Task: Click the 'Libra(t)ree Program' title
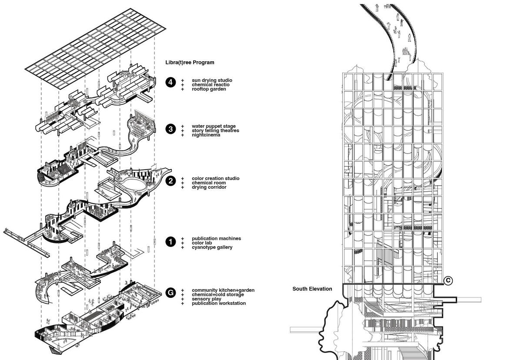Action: [190, 62]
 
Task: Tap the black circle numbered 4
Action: [171, 82]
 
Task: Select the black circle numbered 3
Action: [171, 129]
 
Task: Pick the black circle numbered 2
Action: [171, 181]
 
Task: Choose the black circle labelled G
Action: [171, 293]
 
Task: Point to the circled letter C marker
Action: [448, 281]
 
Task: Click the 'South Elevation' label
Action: [312, 289]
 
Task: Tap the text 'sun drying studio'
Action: [212, 80]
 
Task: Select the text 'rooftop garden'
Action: [209, 89]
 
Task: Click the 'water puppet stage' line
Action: [214, 127]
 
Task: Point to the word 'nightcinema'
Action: [206, 135]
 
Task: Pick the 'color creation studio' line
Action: [215, 178]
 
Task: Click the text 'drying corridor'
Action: [209, 187]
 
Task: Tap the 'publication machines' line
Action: [216, 238]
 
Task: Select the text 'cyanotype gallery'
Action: [212, 247]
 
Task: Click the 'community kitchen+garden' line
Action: [223, 290]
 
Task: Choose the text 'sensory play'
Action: [206, 299]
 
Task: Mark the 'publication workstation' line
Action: [218, 303]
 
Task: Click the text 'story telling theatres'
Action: [215, 130]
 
